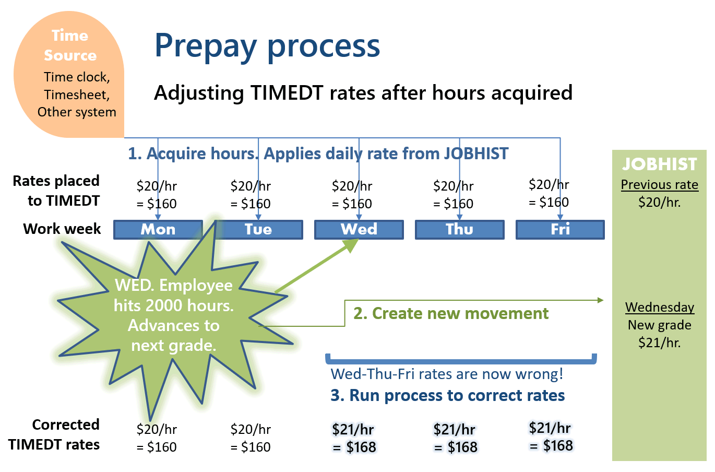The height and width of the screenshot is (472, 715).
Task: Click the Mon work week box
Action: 158,229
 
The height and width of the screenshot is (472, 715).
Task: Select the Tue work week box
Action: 258,229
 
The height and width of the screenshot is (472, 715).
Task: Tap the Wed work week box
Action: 359,229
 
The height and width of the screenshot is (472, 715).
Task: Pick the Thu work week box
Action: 460,229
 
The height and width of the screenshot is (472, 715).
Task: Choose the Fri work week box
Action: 560,229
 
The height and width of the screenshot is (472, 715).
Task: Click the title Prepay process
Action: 267,46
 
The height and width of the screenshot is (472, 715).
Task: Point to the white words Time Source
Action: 70,45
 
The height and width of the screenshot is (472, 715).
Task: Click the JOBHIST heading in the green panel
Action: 659,164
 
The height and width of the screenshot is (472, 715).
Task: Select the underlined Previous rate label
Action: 660,185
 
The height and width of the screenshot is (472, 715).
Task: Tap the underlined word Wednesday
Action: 660,307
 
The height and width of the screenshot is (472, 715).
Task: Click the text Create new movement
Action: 460,313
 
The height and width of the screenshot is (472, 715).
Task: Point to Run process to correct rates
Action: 457,395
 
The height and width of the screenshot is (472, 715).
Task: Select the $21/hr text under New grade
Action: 660,343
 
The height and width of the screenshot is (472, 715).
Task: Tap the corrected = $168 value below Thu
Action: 456,447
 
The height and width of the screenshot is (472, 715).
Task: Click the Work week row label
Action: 62,229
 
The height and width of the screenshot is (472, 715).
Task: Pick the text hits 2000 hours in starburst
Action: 174,305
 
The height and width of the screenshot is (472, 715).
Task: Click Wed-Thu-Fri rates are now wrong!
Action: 447,374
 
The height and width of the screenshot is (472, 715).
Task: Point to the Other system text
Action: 77,112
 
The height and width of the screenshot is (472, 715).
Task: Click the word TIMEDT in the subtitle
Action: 287,93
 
